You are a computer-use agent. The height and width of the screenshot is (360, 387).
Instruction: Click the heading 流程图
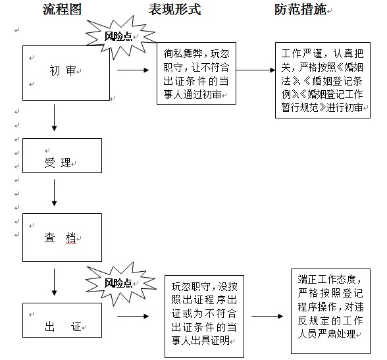[x=62, y=10]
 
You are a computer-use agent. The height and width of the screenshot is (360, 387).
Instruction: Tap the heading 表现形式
[x=175, y=10]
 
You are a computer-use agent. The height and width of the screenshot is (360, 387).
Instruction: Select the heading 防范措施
[x=300, y=10]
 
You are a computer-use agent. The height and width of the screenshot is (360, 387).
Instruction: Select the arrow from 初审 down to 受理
[x=54, y=117]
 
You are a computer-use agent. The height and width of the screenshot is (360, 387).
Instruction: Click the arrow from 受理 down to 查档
[x=54, y=192]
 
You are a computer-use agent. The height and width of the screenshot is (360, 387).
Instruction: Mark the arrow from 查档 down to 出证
[x=54, y=282]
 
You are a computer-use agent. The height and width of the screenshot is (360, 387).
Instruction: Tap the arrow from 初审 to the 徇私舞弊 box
[x=133, y=70]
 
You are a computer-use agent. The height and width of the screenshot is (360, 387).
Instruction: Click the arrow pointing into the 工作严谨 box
[x=255, y=70]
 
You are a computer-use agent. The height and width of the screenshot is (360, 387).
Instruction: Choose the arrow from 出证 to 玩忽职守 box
[x=133, y=316]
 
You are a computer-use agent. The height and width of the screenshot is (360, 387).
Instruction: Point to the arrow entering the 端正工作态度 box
[x=267, y=316]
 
